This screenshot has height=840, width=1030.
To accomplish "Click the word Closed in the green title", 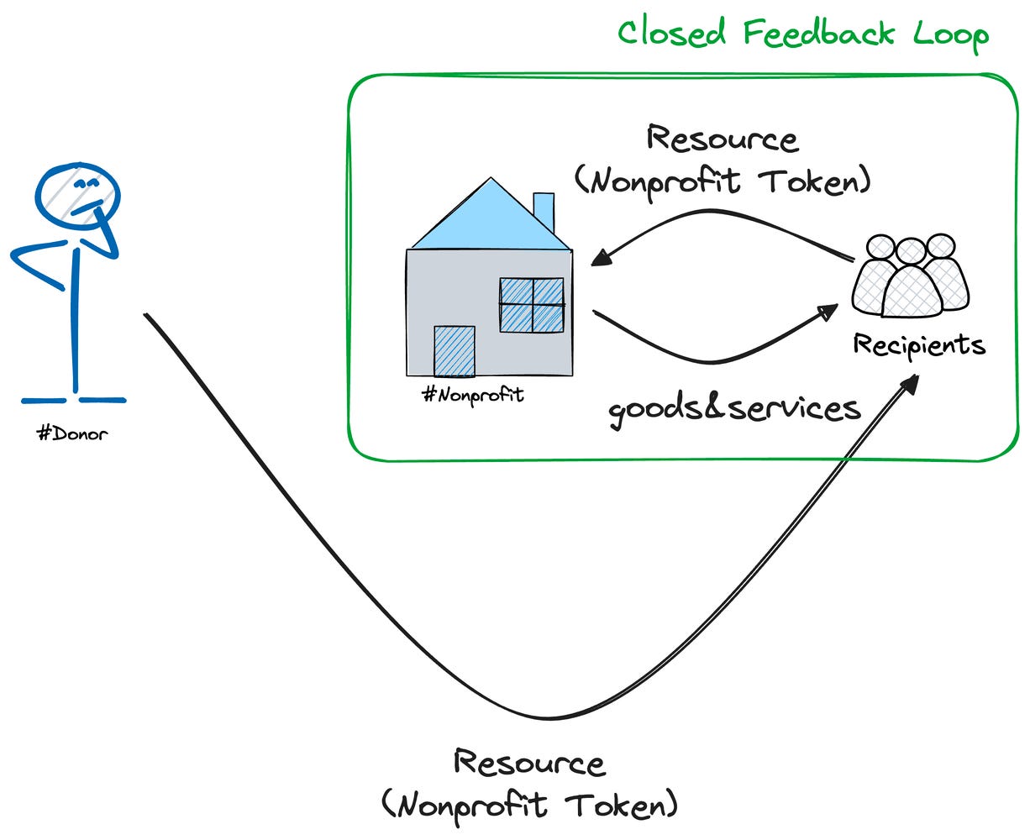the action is point(671,33).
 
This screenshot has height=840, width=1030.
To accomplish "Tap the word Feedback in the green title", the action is point(819,33).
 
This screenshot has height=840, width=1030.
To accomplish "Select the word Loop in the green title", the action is point(951,35).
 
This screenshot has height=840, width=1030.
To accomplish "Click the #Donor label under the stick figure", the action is point(72,433).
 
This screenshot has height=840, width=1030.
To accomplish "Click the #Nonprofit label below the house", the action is point(473,394).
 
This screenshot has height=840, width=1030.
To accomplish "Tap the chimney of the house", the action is point(544,213).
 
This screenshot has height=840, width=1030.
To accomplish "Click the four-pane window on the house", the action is point(531,305).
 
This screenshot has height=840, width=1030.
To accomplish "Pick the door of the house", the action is point(455,351).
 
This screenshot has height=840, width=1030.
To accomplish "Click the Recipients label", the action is point(919,344).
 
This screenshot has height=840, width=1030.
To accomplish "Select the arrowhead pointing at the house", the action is point(602,257).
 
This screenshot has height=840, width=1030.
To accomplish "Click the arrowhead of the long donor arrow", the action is point(909,384).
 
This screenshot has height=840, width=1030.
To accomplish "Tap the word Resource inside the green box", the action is point(723,139).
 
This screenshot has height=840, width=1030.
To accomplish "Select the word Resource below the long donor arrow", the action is point(530,763).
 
